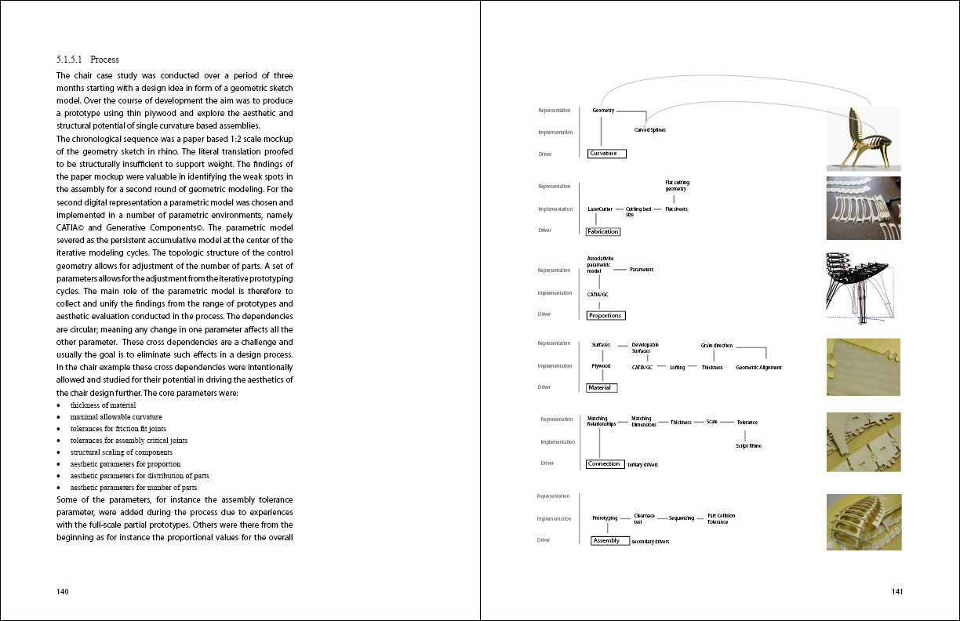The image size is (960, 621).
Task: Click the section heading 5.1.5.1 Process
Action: pyautogui.click(x=88, y=60)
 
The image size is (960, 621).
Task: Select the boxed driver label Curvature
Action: pyautogui.click(x=607, y=154)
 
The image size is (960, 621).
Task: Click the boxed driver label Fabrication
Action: pyautogui.click(x=603, y=231)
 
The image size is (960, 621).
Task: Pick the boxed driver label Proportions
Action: pyautogui.click(x=605, y=315)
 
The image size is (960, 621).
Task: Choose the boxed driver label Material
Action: pyautogui.click(x=602, y=387)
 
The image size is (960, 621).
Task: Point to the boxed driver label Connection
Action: pyautogui.click(x=605, y=464)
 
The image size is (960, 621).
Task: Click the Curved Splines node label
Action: pyautogui.click(x=649, y=129)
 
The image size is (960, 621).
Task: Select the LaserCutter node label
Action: pyautogui.click(x=600, y=209)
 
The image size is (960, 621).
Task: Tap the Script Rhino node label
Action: pyautogui.click(x=747, y=445)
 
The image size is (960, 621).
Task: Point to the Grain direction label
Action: pyautogui.click(x=716, y=345)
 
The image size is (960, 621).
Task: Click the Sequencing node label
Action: pyautogui.click(x=681, y=518)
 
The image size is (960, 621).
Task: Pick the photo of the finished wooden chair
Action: pyautogui.click(x=863, y=139)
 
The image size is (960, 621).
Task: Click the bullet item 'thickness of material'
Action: pyautogui.click(x=103, y=405)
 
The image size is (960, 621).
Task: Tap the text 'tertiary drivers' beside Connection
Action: pyautogui.click(x=642, y=465)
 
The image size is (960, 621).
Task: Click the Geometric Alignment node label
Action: pyautogui.click(x=758, y=368)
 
